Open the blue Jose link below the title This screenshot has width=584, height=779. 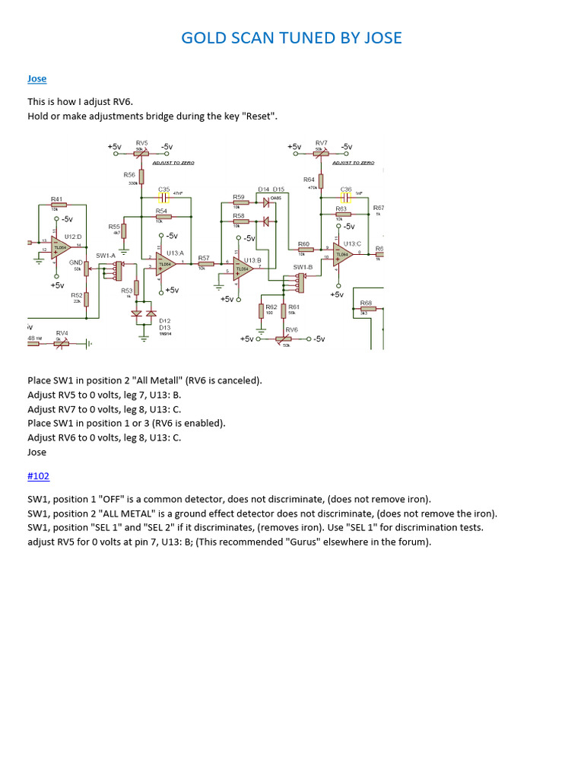pos(36,78)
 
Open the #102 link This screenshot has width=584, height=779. pos(38,476)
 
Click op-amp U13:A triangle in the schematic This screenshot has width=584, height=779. pos(166,263)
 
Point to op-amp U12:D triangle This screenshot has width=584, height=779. pos(62,246)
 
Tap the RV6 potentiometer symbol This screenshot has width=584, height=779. pos(286,339)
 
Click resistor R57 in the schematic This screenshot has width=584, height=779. pos(205,264)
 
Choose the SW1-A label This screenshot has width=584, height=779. pos(106,256)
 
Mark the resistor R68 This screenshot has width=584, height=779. pos(368,307)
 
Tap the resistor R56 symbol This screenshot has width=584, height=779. pos(141,176)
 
